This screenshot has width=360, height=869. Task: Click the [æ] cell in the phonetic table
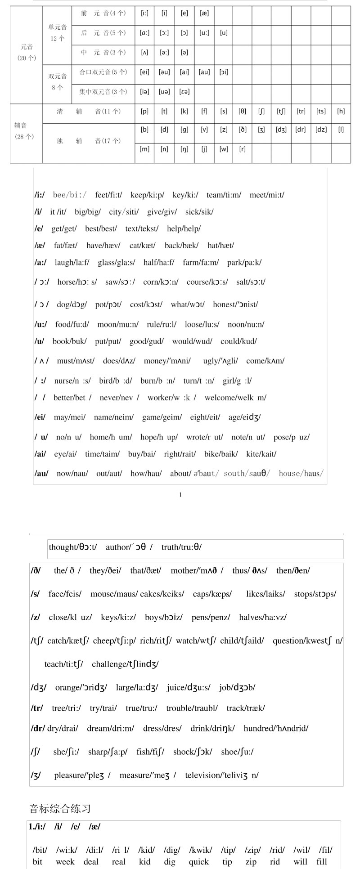(204, 13)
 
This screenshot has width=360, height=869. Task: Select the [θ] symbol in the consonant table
(243, 112)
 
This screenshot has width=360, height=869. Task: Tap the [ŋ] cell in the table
(184, 149)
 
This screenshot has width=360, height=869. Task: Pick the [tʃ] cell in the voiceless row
(281, 112)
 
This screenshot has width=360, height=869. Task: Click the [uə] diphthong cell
(164, 92)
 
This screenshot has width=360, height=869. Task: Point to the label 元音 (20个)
(27, 52)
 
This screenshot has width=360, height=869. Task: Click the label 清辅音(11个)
(88, 112)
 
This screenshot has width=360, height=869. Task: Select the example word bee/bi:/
(70, 195)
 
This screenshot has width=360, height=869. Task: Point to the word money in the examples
(167, 361)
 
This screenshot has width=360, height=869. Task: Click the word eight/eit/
(205, 417)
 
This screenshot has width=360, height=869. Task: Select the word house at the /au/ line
(301, 473)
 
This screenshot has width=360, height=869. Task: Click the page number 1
(180, 495)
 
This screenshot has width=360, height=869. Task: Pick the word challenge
(125, 664)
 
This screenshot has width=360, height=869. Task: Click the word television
(222, 775)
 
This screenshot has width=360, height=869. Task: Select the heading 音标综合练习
(60, 809)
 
